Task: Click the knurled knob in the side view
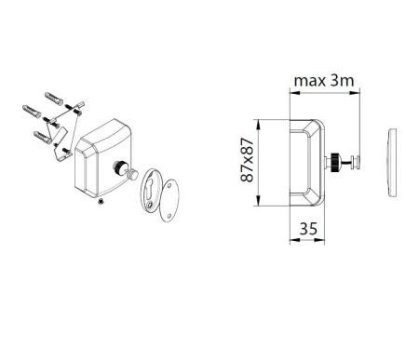(332, 162)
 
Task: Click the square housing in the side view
(305, 162)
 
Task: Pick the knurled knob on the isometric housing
(121, 168)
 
